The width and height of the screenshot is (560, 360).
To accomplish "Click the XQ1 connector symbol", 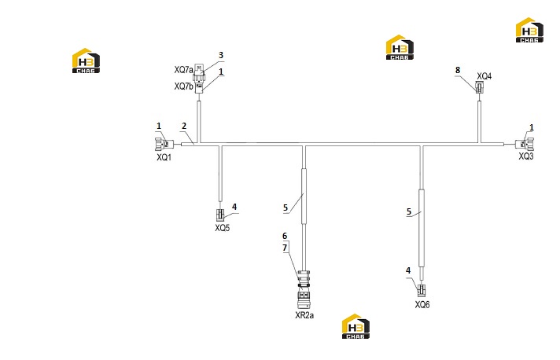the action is coord(164,144).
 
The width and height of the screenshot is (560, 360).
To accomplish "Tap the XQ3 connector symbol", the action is coord(525,144).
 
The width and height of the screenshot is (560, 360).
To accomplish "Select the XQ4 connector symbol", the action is coord(479,87).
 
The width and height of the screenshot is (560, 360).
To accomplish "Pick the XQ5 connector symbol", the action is coord(220,215).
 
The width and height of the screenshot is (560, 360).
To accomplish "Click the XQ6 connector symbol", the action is coord(422,290).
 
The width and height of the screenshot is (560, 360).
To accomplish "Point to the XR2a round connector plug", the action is coord(304,289).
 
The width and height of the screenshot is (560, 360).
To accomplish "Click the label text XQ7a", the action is coord(183,70).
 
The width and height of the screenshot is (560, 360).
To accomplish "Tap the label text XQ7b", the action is coord(183,86).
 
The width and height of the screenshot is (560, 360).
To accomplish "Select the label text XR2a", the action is coord(304,315).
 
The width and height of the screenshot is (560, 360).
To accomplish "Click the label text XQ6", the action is coord(422,305).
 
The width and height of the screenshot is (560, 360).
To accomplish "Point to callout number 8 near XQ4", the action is coord(458,70).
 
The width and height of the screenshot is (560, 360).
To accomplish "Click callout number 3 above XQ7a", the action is coord(221,55).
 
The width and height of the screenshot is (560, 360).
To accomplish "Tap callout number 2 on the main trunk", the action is coord(184,126).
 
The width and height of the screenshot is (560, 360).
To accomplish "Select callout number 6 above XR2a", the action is coord(285,236).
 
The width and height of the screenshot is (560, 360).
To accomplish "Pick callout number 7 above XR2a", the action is coord(285,248).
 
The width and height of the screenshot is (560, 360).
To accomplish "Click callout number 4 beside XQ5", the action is coord(234,207).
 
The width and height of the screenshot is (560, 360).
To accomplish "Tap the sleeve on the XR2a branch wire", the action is coord(304,197).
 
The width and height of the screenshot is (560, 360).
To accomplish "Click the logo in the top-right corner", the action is coord(529,31).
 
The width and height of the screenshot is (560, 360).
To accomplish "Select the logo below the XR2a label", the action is coord(356,326).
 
